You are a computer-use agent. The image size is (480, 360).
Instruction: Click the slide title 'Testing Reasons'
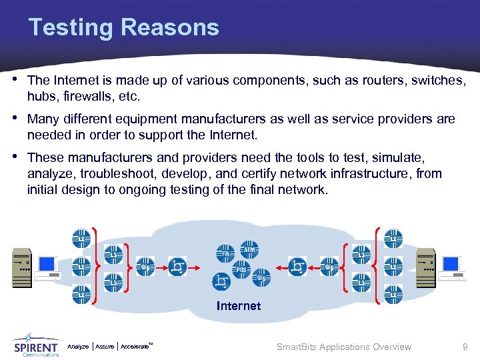[x=123, y=27]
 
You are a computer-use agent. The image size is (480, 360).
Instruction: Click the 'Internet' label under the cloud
[x=239, y=306]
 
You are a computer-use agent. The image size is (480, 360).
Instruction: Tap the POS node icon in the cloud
[x=243, y=269]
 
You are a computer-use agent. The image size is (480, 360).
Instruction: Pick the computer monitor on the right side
[x=451, y=267]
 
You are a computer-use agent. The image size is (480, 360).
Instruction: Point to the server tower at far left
[x=21, y=267]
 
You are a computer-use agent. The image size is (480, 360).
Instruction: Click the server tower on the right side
[x=425, y=266]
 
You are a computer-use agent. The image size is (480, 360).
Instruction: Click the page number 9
[x=465, y=347]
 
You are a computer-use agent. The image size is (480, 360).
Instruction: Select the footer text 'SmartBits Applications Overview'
[x=343, y=347]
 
